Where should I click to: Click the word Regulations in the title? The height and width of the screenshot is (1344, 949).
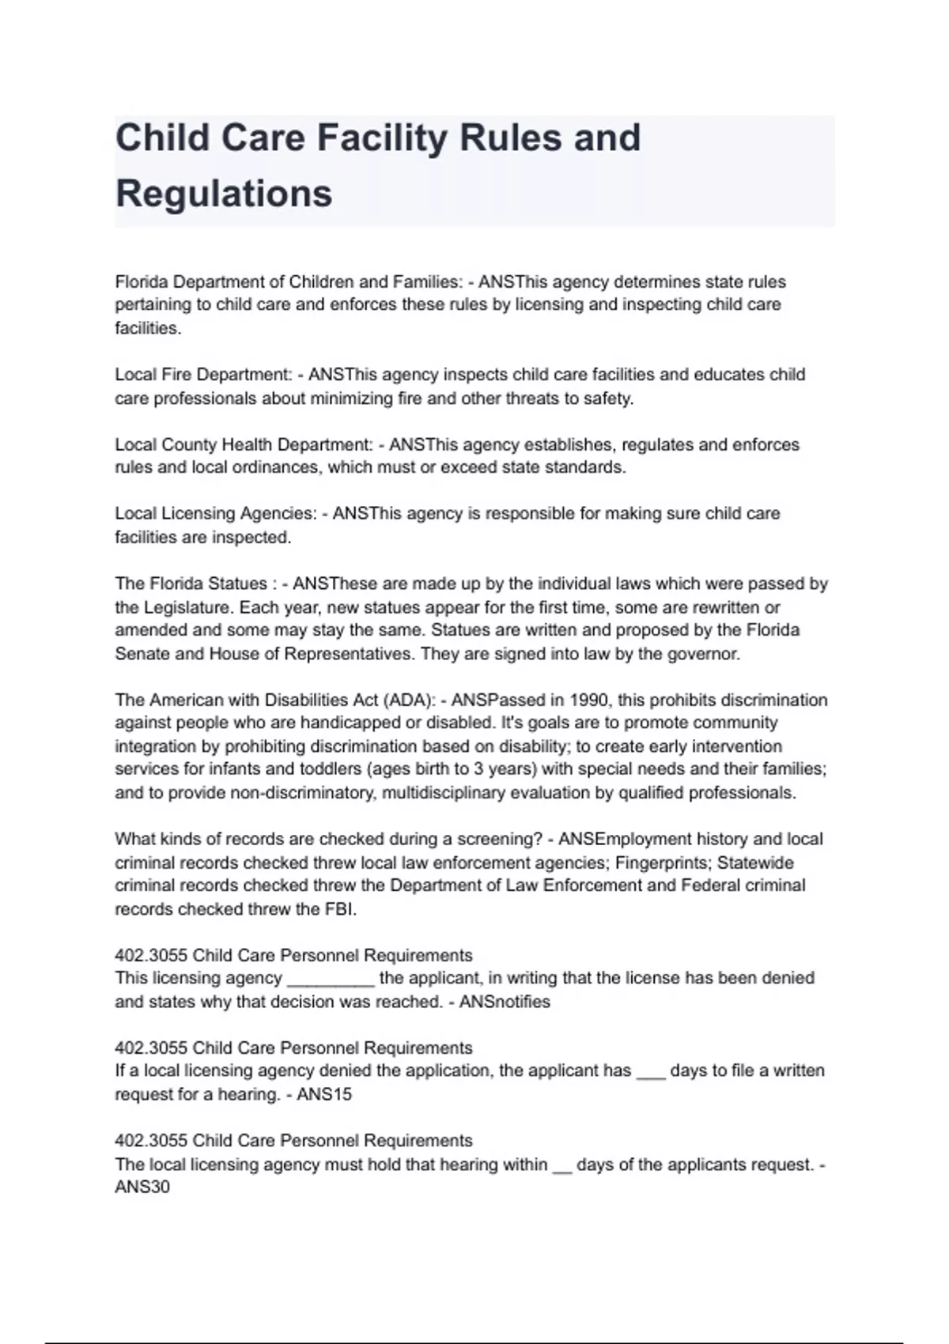(x=224, y=194)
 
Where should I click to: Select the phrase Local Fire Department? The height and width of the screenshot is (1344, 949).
(x=202, y=375)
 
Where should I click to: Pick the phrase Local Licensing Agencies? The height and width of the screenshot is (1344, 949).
(x=215, y=514)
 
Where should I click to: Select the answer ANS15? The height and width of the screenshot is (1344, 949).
(x=324, y=1095)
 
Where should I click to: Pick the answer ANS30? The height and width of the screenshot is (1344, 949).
(x=142, y=1187)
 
